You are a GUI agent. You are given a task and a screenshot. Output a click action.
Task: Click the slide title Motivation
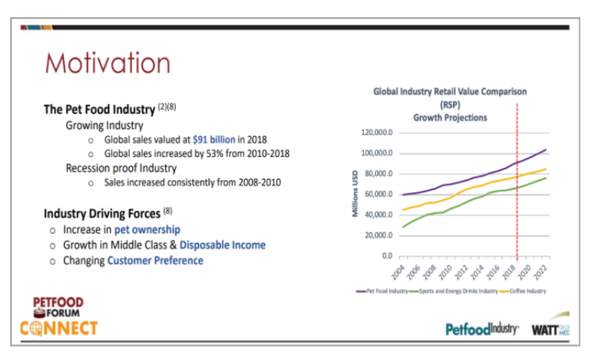[x=108, y=62]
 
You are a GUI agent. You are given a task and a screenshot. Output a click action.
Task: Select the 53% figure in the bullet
[x=194, y=153]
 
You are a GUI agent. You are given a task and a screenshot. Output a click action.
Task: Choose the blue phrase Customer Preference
[x=155, y=260]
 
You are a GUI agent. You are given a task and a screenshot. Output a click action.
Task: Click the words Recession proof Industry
[x=121, y=167]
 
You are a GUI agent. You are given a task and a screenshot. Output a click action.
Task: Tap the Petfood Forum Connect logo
[x=65, y=315]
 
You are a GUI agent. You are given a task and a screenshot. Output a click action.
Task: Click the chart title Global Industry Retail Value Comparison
[x=449, y=91]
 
